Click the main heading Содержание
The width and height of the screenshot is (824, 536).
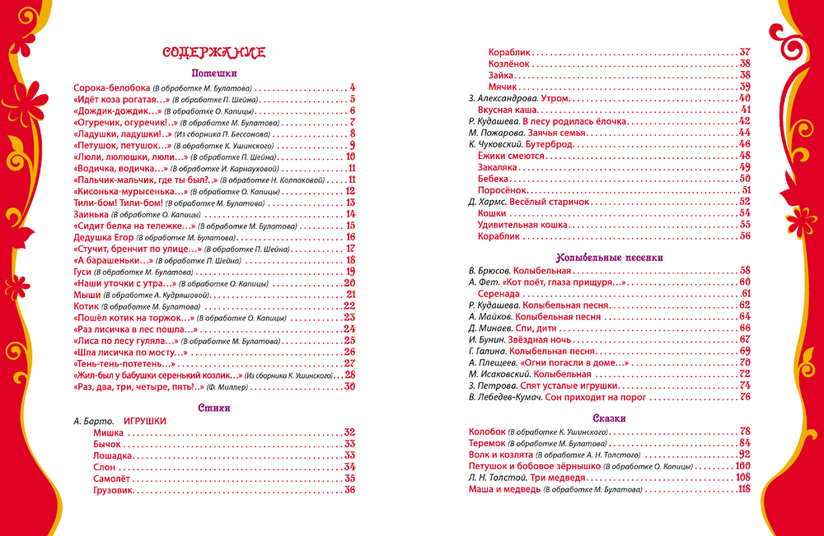pos(213,53)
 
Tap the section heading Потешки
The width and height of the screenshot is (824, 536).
pos(214,72)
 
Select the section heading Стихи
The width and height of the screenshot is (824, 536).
pos(214,408)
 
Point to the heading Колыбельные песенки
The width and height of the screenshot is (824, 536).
pos(611,257)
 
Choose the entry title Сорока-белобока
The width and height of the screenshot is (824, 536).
pos(111,88)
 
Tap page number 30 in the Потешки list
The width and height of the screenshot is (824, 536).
pos(349,386)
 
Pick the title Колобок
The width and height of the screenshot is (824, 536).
pos(486,431)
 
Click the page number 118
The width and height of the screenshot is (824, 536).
pos(745,489)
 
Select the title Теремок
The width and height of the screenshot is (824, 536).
pos(488,442)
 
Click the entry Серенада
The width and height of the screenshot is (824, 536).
pos(499,293)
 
